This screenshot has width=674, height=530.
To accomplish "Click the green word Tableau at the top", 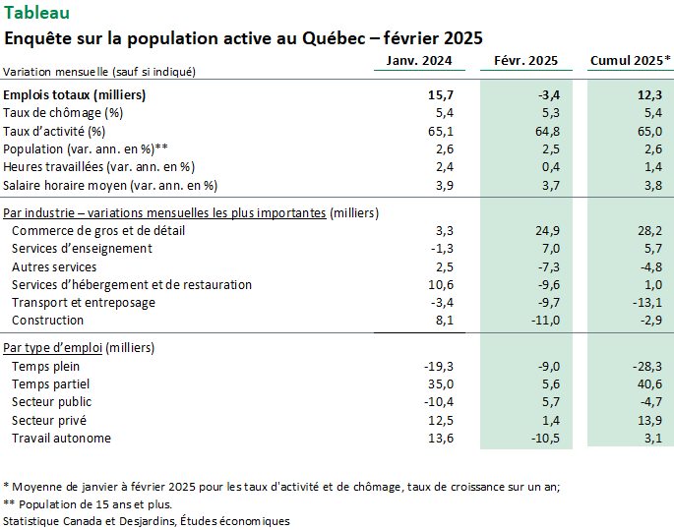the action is pos(36,13).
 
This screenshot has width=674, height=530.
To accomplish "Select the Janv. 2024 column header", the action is pos(419,61).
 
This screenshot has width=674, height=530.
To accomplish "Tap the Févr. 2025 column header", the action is pos(525,61).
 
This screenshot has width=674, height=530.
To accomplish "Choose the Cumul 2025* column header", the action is pos(630,61).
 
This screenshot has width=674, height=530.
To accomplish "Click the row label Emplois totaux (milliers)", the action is pos(75,95).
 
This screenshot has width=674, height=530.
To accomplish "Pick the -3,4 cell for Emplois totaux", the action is pos(549,95).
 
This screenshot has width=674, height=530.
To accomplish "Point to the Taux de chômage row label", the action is pos(63,113).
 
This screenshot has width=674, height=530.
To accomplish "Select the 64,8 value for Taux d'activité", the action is pos(547,131).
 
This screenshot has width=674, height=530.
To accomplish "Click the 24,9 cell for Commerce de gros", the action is pos(548,231).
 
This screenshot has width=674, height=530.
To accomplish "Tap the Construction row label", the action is pos(47,320).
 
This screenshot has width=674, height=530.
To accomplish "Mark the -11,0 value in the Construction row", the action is pos(545,320).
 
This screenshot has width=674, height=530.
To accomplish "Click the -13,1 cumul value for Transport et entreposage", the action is pos(647,303).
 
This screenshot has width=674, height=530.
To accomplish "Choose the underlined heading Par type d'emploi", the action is pos(52,347).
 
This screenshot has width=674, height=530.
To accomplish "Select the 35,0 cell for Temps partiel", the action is pos(441,383).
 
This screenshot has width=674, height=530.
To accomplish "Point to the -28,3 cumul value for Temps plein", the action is pos(647,367).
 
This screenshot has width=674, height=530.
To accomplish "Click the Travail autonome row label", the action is pos(61,439).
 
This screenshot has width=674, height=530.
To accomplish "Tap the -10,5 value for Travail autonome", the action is pos(545,439).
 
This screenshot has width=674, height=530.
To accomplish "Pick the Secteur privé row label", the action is pos(49,420).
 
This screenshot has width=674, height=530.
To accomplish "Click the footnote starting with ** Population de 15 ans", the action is pos(88,504).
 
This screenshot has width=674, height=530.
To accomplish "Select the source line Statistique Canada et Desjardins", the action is pos(147,521).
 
